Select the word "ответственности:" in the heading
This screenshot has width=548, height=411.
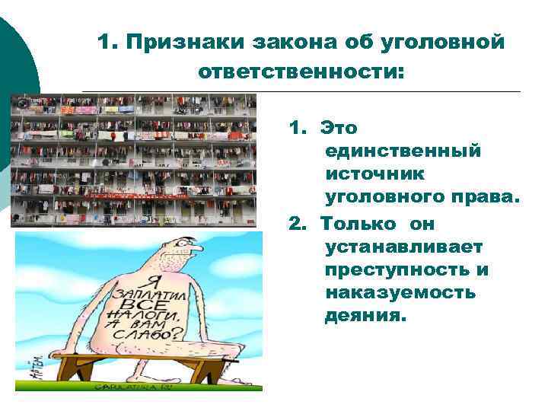[302, 72]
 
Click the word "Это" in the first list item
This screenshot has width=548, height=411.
[339, 127]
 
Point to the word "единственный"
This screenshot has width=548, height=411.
[403, 151]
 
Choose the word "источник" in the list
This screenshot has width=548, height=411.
[375, 174]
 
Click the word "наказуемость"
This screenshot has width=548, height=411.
[400, 293]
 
